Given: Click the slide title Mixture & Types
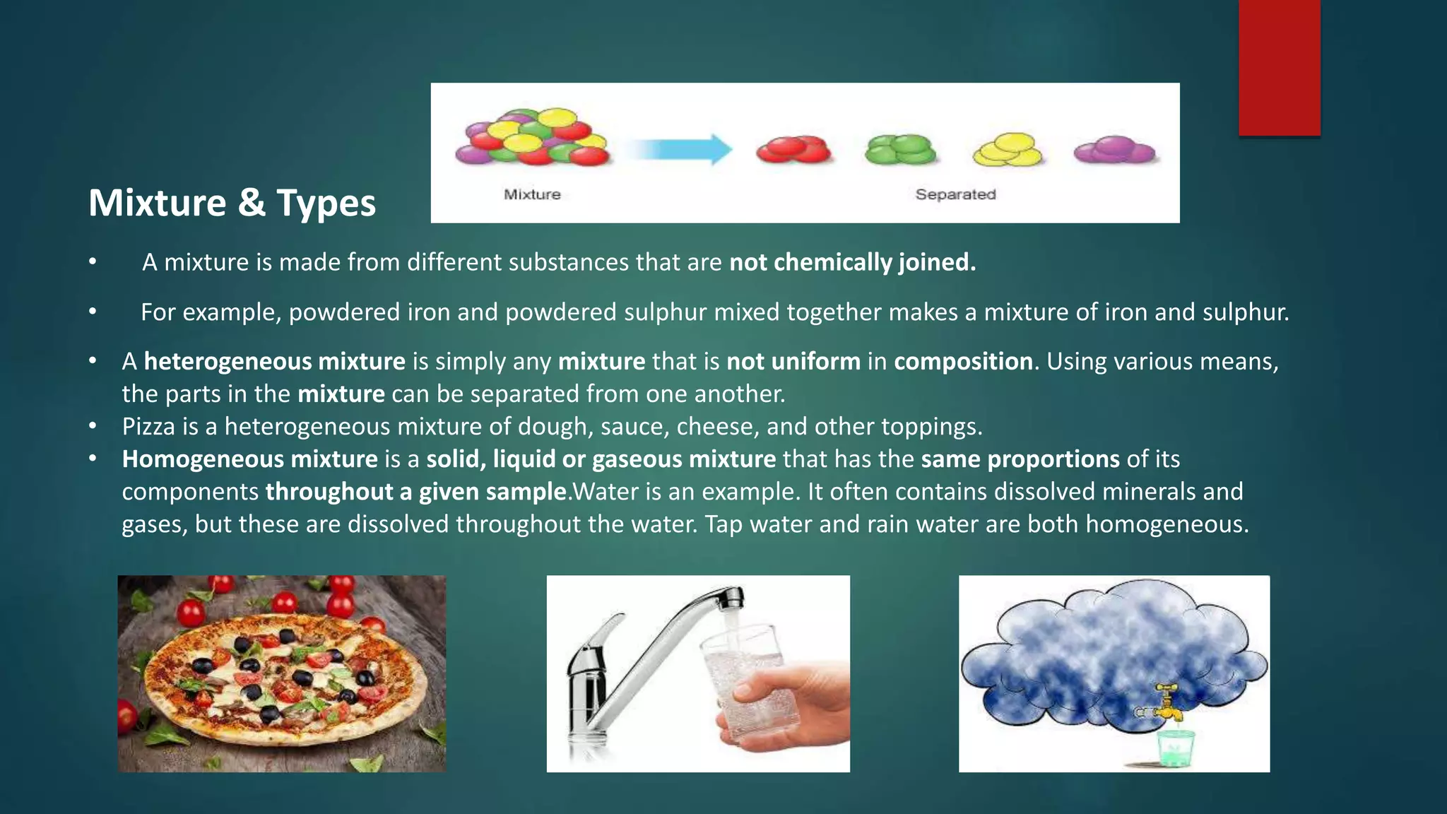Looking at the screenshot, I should [232, 203].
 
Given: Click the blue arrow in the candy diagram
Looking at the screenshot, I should [680, 150].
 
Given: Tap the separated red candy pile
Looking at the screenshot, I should [793, 149].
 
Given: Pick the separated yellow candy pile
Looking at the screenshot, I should [1008, 149].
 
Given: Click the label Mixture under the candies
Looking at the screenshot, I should [532, 194].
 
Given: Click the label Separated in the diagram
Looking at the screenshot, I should [955, 194].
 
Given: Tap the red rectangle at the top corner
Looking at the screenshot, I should [1279, 67].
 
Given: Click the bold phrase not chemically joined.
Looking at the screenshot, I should [852, 262].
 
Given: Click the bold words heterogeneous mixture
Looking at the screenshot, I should [274, 362].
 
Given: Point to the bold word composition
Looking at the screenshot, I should [963, 362].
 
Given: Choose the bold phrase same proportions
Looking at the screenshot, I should [1020, 459].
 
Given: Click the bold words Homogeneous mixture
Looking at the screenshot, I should [249, 459].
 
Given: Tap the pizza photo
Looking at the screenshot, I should [281, 673].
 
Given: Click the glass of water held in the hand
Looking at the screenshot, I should [749, 678].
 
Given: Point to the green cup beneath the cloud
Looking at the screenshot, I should [1175, 748].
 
